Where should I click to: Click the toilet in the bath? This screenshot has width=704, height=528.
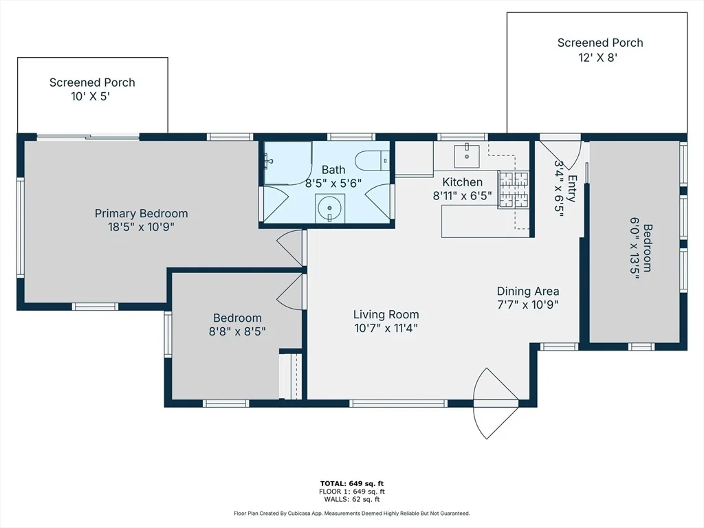(372, 161)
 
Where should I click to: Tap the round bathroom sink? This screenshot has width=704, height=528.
(330, 208)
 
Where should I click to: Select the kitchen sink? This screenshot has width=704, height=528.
(467, 156)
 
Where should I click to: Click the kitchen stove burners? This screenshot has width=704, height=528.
(513, 190)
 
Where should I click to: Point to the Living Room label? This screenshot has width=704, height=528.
(386, 315)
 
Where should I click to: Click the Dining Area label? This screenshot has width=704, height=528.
(528, 291)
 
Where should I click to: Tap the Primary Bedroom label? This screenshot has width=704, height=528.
(141, 213)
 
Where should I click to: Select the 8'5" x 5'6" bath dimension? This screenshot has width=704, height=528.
(333, 184)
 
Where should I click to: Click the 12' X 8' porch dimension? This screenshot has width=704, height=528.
(598, 58)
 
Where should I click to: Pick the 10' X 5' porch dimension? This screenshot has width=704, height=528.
(90, 96)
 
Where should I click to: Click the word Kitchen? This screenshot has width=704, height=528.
(463, 181)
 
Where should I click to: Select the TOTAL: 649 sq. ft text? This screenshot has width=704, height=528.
(352, 483)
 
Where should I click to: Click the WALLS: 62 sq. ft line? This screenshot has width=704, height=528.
(352, 499)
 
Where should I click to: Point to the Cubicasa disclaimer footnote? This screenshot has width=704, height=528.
(352, 513)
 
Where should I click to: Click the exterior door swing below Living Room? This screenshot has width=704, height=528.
(496, 403)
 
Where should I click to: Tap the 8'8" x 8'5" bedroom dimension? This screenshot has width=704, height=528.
(237, 331)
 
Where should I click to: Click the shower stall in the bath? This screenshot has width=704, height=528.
(287, 162)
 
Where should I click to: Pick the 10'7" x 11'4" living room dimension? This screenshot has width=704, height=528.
(386, 328)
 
